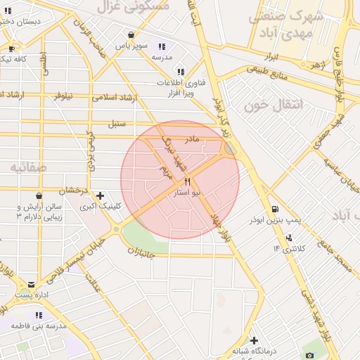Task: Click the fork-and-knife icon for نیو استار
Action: pyautogui.click(x=187, y=181)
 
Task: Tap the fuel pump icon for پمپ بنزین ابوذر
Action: pyautogui.click(x=274, y=209)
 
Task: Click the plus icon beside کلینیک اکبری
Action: pyautogui.click(x=100, y=195)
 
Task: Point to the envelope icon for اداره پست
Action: pyautogui.click(x=31, y=284)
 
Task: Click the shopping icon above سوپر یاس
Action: pyautogui.click(x=131, y=34)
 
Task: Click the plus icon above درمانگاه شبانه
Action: pyautogui.click(x=255, y=340)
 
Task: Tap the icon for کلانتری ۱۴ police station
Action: pyautogui.click(x=288, y=237)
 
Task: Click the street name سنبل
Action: pyautogui.click(x=116, y=124)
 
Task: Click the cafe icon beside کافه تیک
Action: pyautogui.click(x=11, y=49)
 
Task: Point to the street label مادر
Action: pyautogui.click(x=192, y=139)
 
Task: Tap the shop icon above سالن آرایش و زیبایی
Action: pyautogui.click(x=39, y=195)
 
